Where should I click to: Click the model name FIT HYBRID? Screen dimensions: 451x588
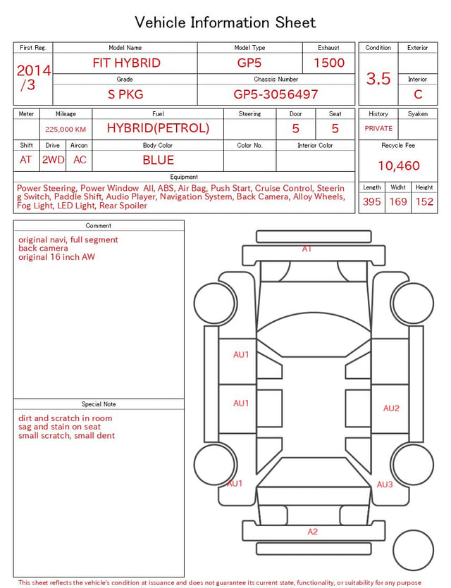pyautogui.click(x=126, y=63)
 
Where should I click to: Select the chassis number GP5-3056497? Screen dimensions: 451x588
pyautogui.click(x=276, y=94)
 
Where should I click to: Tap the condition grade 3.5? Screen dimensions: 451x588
pyautogui.click(x=378, y=79)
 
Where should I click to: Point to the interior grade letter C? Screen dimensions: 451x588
pyautogui.click(x=418, y=94)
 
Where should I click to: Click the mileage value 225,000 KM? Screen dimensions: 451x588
pyautogui.click(x=66, y=130)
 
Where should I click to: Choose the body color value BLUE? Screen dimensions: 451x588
pyautogui.click(x=158, y=160)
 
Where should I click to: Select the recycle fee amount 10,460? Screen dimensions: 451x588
pyautogui.click(x=398, y=165)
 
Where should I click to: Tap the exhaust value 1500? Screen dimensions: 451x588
pyautogui.click(x=329, y=63)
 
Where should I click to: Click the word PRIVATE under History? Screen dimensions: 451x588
pyautogui.click(x=378, y=128)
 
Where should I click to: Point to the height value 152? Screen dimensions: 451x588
pyautogui.click(x=424, y=201)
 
